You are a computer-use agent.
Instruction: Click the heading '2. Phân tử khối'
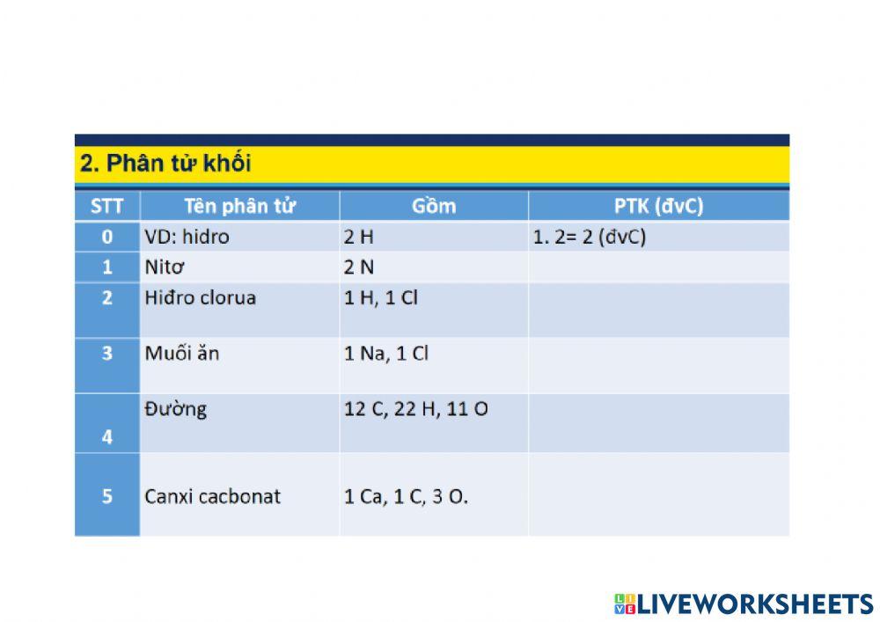tap(165, 164)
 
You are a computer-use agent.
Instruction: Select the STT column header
tap(107, 207)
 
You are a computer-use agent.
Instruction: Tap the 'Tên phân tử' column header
tap(239, 207)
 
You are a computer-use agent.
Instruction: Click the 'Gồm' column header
tap(434, 207)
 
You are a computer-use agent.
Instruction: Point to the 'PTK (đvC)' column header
tap(658, 207)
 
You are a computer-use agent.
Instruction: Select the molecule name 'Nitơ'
tap(165, 267)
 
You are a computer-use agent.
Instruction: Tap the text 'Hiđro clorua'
tap(200, 297)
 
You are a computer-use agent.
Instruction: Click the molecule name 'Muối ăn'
tap(182, 354)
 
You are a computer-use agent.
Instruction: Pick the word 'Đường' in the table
tap(176, 409)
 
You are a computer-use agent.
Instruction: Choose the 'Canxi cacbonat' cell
tap(212, 496)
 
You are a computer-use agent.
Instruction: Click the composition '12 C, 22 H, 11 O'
tap(415, 409)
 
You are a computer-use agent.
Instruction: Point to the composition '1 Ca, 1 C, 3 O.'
tap(406, 496)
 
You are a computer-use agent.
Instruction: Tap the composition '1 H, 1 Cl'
tap(380, 297)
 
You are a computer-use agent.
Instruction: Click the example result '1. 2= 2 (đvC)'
tap(590, 237)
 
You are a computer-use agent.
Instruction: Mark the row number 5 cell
tap(107, 496)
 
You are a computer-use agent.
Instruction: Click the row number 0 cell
tap(107, 237)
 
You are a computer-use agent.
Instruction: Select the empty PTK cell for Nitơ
tap(658, 267)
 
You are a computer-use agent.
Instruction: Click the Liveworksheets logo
tap(744, 604)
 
